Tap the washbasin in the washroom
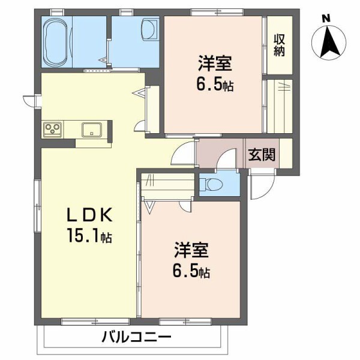coord(148,29)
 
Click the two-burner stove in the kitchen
coord(52,128)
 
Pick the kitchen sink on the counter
coord(92,128)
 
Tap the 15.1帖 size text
coord(88,237)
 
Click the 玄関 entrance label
coord(262,155)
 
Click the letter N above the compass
coord(326,18)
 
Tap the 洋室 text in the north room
coord(213,62)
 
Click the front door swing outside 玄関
coord(259,187)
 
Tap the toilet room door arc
coord(227,161)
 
